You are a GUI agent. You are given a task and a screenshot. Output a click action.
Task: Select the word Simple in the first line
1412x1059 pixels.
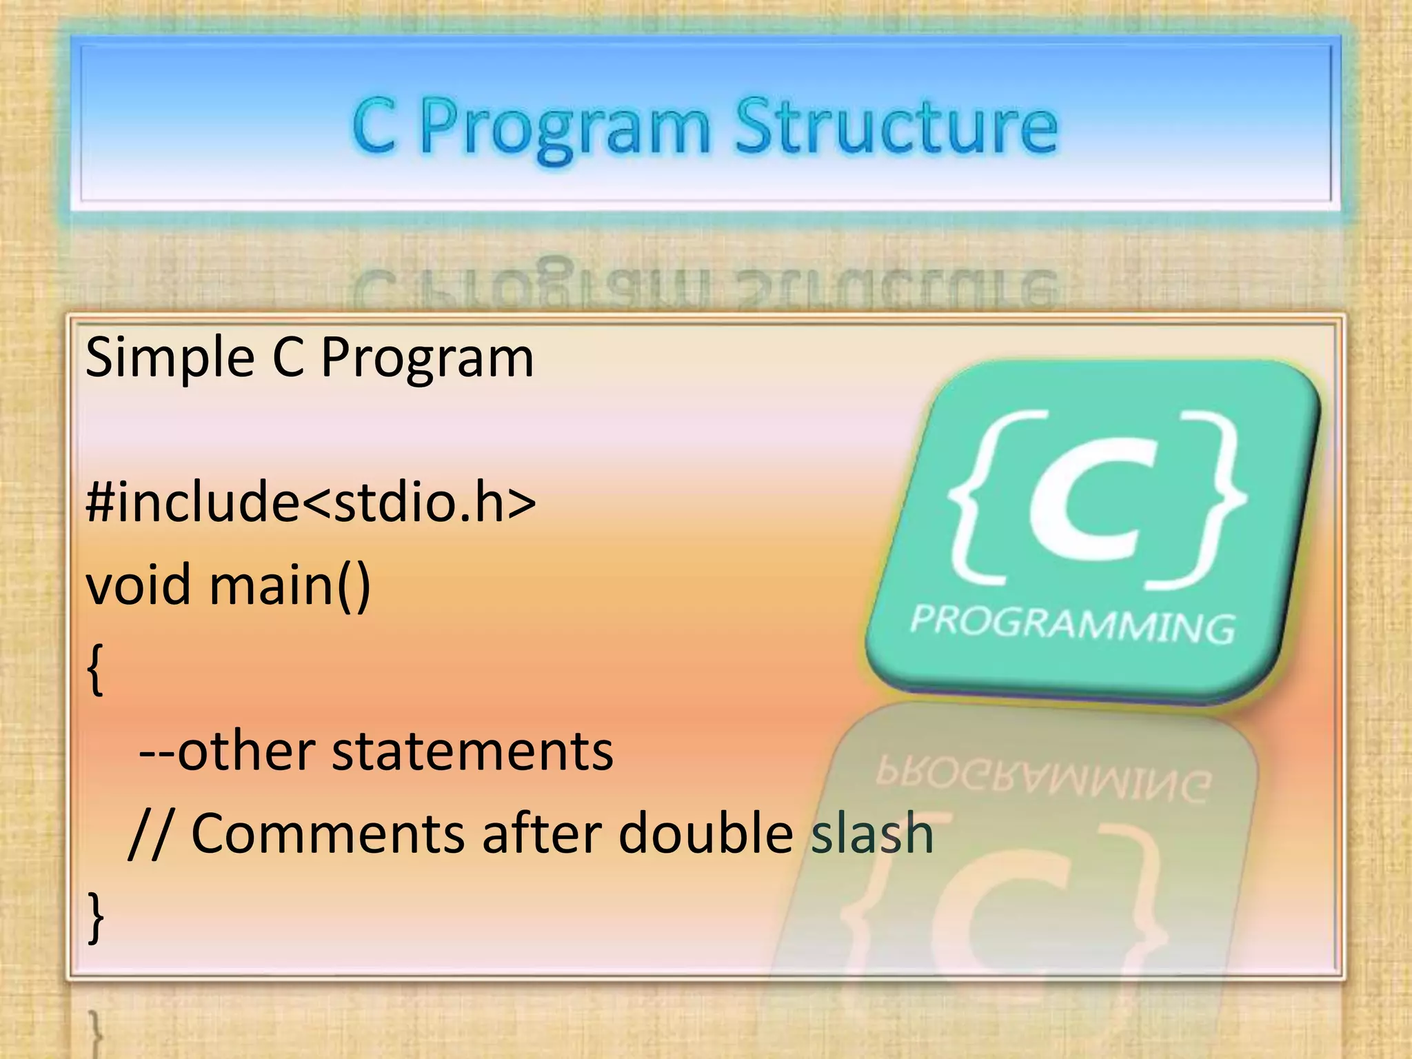(170, 358)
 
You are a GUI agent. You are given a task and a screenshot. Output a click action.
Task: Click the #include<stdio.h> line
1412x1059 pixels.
(310, 501)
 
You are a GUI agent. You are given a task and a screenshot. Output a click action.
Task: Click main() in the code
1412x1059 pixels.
(290, 585)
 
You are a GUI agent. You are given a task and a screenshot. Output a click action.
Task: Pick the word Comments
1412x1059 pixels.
(327, 834)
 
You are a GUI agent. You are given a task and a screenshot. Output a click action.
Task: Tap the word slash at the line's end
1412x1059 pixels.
(871, 834)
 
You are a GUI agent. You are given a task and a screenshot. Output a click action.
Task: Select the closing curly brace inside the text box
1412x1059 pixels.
(96, 917)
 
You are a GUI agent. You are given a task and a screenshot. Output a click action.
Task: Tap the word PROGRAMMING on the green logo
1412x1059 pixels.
(1072, 625)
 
